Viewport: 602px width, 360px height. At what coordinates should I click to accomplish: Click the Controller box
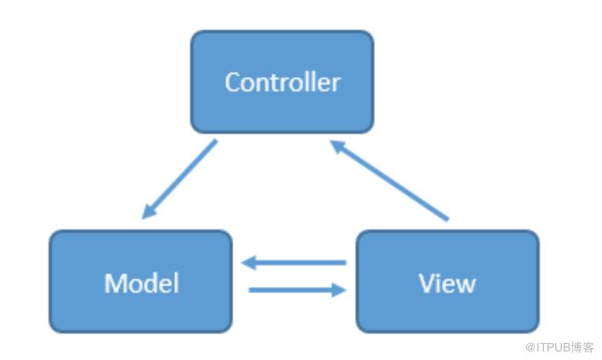click(282, 82)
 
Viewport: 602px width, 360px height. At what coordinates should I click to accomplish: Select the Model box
click(141, 282)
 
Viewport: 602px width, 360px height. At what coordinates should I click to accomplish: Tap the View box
click(448, 282)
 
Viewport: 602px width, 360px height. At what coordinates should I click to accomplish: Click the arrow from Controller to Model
click(179, 179)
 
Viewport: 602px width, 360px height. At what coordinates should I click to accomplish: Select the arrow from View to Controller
click(389, 181)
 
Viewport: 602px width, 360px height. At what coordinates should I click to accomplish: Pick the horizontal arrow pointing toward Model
click(293, 263)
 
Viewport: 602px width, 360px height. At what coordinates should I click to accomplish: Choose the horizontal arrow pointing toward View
click(298, 290)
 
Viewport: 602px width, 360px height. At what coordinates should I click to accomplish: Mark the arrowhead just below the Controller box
click(338, 147)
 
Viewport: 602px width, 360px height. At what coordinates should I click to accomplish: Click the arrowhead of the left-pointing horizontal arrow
click(248, 263)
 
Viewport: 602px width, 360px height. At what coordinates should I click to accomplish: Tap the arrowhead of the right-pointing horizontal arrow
click(339, 290)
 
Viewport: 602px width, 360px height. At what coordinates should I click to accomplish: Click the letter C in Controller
click(233, 82)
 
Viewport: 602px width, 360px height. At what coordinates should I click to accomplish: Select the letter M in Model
click(115, 283)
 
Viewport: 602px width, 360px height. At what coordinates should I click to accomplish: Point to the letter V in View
click(428, 283)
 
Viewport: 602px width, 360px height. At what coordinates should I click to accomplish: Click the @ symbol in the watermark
click(530, 348)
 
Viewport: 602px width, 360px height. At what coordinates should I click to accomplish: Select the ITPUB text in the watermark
click(553, 348)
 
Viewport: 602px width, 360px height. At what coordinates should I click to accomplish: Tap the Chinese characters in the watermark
click(582, 348)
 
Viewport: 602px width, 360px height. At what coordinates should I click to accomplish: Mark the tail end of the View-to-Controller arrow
click(448, 220)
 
